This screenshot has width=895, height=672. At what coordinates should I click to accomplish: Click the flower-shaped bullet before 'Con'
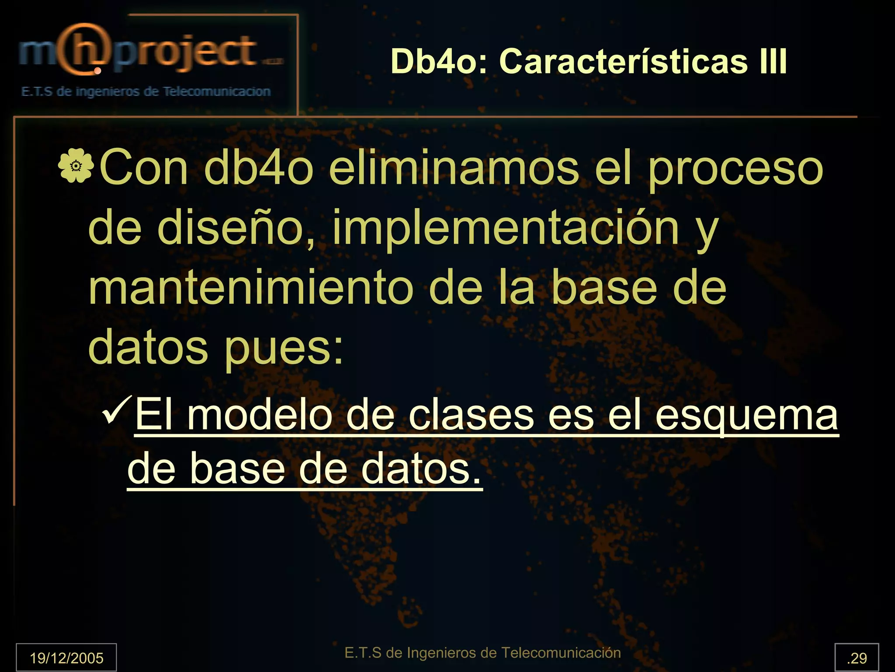[x=76, y=166]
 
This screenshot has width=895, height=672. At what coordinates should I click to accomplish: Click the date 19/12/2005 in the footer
[x=66, y=658]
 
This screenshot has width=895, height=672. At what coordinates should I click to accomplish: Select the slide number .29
[x=857, y=658]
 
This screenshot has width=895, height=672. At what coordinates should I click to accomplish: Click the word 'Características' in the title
[x=624, y=61]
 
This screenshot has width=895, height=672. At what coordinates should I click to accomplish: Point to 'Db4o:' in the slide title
[x=439, y=61]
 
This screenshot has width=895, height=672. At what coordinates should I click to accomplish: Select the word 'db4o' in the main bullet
[x=259, y=168]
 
